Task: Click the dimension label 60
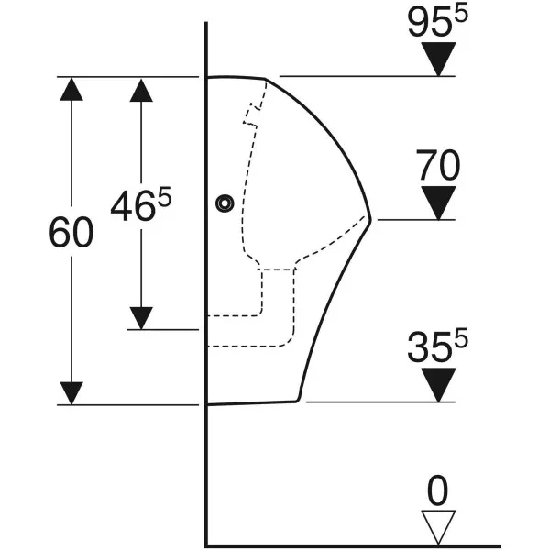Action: click(71, 232)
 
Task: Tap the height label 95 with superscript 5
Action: click(438, 22)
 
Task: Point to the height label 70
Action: click(438, 165)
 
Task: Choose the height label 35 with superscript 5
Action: click(438, 346)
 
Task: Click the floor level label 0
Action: click(438, 490)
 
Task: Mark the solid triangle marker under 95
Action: click(438, 60)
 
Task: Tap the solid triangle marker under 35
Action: click(438, 385)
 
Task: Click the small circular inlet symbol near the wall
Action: click(225, 203)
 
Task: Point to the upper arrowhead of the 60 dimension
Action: click(71, 89)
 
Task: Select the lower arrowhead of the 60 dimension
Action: click(71, 393)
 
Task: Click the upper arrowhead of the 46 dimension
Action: click(141, 91)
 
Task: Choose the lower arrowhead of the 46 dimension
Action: click(141, 318)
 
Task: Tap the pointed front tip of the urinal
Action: click(370, 220)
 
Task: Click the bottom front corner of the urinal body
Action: click(298, 400)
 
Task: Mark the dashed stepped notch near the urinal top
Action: click(253, 113)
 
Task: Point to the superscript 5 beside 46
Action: click(165, 196)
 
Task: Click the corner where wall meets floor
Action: click(206, 545)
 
